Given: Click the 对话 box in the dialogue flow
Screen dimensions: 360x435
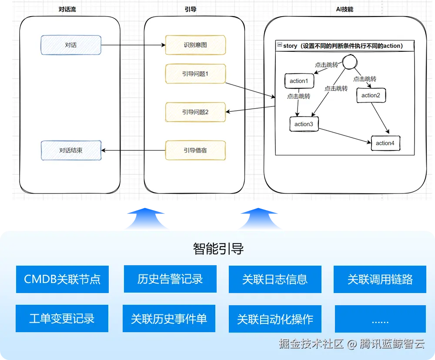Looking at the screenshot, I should (71, 45).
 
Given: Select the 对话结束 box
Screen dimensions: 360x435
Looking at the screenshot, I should (71, 150).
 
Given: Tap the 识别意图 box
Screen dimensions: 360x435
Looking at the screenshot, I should (195, 45).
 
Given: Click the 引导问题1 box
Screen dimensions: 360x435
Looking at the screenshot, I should (195, 74).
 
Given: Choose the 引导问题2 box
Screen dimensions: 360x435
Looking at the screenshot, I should (195, 112).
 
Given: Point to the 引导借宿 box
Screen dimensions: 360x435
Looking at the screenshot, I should (195, 150).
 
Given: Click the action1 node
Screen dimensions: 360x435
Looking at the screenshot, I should (298, 81).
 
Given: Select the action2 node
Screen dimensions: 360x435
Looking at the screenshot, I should (371, 95).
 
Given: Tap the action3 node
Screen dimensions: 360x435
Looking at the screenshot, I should (304, 124).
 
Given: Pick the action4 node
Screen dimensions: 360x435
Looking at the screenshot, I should (385, 143).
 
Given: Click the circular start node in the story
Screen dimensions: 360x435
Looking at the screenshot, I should (349, 63).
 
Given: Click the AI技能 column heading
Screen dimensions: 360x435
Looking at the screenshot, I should (345, 9).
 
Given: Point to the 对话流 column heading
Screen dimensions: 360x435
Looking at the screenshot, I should (67, 9).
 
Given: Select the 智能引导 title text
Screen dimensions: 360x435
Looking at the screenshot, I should (218, 249).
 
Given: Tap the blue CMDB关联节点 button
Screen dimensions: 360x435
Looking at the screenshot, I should (62, 279).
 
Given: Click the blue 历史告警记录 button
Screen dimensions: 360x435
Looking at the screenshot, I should (170, 279).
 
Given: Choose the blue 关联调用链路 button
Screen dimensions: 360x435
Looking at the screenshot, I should (380, 279).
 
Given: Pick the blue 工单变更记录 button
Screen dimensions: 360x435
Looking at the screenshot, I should (62, 319).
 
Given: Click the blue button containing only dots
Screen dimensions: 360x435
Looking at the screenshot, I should (380, 320).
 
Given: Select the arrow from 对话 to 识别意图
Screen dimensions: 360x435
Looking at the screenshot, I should (133, 45).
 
